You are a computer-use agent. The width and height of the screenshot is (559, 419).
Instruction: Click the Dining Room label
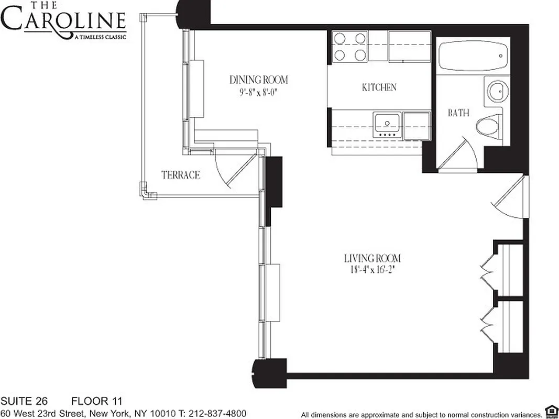pyautogui.click(x=259, y=80)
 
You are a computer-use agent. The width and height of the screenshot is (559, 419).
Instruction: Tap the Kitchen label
pyautogui.click(x=379, y=87)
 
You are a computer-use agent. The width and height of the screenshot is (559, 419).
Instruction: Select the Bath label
pyautogui.click(x=458, y=113)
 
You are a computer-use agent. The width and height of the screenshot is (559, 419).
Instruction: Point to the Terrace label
pyautogui.click(x=181, y=175)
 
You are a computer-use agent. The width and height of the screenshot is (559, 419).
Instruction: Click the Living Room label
pyautogui.click(x=372, y=258)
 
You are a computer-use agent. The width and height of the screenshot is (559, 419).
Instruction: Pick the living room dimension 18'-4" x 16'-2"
pyautogui.click(x=372, y=270)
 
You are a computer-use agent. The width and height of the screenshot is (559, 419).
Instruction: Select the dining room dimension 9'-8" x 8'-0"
pyautogui.click(x=259, y=92)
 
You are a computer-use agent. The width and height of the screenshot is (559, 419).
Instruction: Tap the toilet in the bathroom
pyautogui.click(x=488, y=126)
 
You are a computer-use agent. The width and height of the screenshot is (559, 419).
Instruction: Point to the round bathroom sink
pyautogui.click(x=497, y=92)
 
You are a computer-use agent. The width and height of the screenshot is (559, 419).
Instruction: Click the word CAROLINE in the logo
pyautogui.click(x=63, y=20)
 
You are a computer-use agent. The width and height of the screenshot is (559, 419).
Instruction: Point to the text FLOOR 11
pyautogui.click(x=96, y=402)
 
